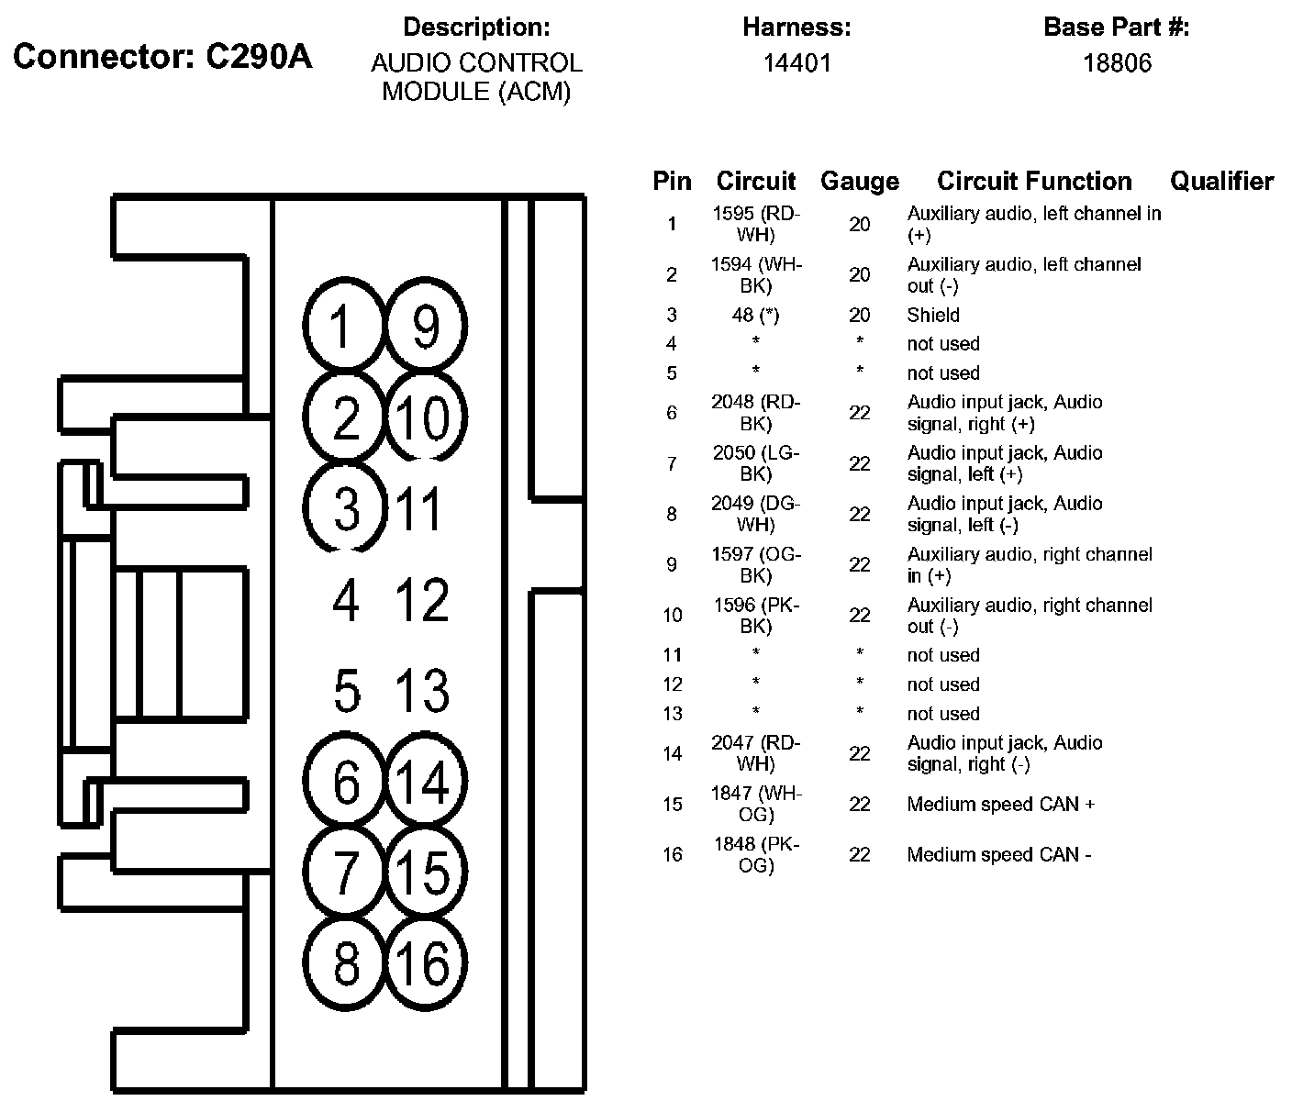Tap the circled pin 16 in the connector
click(x=425, y=963)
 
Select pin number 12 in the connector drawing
click(x=422, y=600)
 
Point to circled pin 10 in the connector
click(x=425, y=417)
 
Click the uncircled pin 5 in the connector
click(x=346, y=690)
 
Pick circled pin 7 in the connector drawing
click(x=345, y=872)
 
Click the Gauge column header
click(x=859, y=182)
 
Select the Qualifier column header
click(x=1221, y=182)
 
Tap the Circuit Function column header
click(x=1034, y=182)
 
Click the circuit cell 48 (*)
click(x=756, y=315)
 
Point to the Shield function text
click(x=933, y=315)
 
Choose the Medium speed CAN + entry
click(x=1000, y=804)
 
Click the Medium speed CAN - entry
click(x=998, y=854)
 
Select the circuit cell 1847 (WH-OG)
click(x=756, y=804)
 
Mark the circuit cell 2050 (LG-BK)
click(x=756, y=463)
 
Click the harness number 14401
click(x=796, y=63)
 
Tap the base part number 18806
click(x=1116, y=63)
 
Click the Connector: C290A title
click(x=162, y=57)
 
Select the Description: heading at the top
click(x=476, y=28)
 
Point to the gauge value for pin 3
click(x=859, y=315)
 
